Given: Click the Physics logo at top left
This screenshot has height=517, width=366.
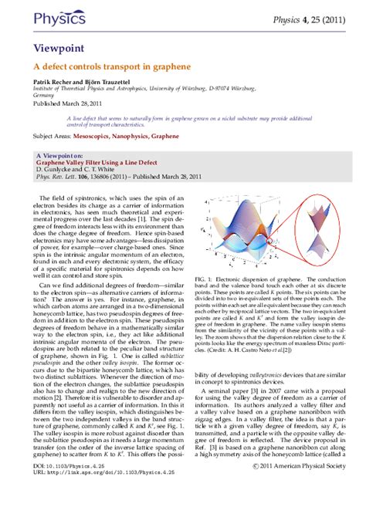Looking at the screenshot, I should [49, 17].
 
